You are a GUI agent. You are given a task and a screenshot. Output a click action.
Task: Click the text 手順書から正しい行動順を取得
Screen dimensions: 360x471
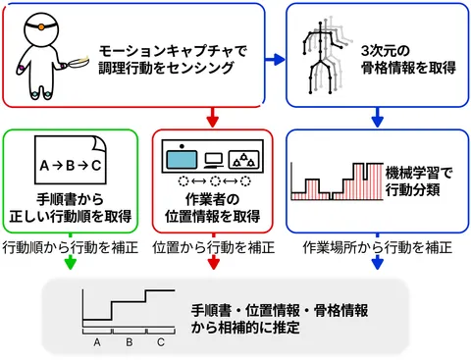click(71, 208)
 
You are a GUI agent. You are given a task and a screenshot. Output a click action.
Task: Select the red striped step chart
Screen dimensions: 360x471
click(334, 186)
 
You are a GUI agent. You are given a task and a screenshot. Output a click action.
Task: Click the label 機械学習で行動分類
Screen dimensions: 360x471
click(417, 178)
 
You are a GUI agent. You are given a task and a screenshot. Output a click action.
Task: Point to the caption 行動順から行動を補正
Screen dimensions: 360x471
click(71, 245)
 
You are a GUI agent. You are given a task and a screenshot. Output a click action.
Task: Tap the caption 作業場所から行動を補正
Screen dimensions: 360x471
click(377, 245)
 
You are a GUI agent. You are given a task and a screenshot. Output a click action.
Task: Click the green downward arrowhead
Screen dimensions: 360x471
click(71, 264)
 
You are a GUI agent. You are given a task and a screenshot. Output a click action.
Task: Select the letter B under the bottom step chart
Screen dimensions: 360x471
click(129, 342)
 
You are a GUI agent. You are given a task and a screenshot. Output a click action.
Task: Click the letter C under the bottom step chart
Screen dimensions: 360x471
click(161, 342)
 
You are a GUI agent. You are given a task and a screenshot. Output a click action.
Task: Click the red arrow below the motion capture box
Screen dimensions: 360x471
click(212, 119)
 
